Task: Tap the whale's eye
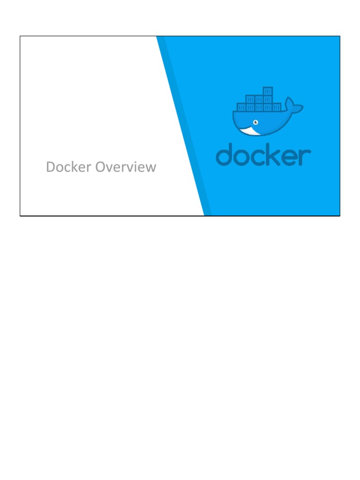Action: coord(255,122)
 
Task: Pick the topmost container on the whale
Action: coord(268,91)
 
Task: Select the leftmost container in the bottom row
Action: coord(241,107)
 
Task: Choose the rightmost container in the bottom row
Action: coord(277,107)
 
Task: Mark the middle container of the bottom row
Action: coord(259,107)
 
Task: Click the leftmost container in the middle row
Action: coord(250,99)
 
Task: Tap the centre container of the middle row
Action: coord(259,99)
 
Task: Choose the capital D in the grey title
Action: coord(51,167)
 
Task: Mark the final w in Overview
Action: coord(150,168)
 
